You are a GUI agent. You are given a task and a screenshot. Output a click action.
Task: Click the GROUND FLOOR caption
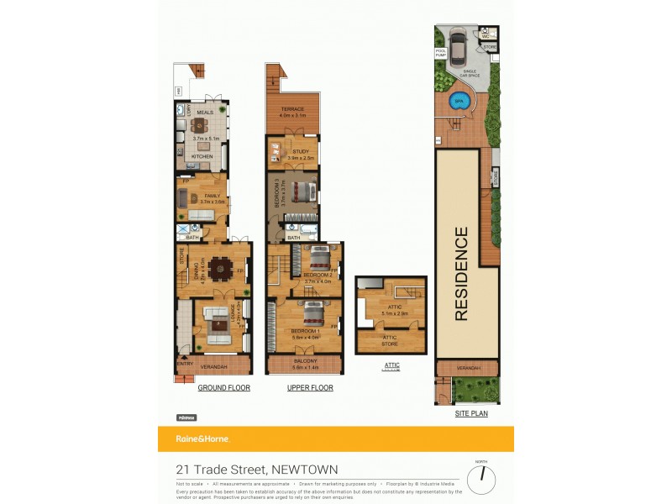[x=224, y=388]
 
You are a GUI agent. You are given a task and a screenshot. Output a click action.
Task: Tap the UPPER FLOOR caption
[x=309, y=388]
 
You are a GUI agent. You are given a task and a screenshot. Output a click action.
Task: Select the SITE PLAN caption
[x=471, y=413]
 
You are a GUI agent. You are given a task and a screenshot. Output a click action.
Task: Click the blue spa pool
[x=459, y=102]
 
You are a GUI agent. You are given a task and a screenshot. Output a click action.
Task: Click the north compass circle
[x=481, y=480]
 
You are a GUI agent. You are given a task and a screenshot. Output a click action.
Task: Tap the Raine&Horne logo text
[x=202, y=438]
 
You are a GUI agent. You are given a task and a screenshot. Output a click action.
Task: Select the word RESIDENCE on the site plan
[x=461, y=273]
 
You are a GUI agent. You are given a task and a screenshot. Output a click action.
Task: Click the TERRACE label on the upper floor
[x=292, y=109]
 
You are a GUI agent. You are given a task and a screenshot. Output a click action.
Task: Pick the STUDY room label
[x=300, y=152]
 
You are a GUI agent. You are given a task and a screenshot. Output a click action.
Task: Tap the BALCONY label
[x=304, y=362]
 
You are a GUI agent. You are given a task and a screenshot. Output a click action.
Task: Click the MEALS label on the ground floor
[x=204, y=111]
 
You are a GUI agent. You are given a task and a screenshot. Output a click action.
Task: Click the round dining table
[x=221, y=268]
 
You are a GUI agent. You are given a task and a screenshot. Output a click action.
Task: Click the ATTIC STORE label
[x=390, y=339]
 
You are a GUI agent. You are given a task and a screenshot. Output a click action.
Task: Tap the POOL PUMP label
[x=441, y=53]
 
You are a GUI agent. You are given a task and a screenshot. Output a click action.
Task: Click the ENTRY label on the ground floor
[x=183, y=364]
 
